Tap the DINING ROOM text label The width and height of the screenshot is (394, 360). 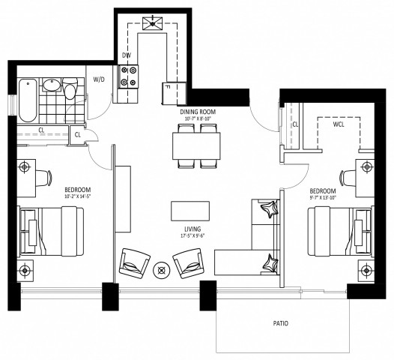(197, 111)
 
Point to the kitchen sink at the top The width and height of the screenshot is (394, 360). (155, 22)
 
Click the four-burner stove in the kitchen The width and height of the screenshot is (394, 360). (130, 76)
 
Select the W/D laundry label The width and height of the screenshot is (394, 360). (99, 79)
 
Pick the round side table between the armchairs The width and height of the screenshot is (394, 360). (160, 271)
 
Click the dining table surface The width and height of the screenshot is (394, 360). (197, 144)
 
